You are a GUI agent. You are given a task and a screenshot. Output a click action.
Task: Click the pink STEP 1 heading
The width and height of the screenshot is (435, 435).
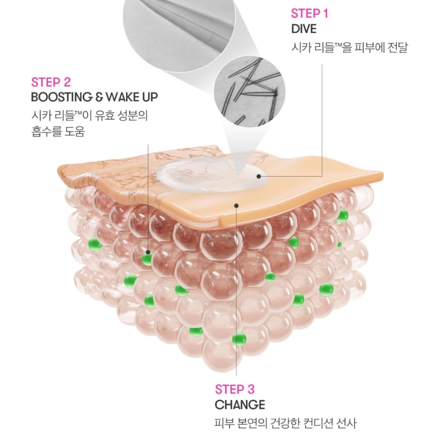pyautogui.click(x=309, y=14)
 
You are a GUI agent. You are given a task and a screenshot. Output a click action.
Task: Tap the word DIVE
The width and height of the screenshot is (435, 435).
pyautogui.click(x=304, y=29)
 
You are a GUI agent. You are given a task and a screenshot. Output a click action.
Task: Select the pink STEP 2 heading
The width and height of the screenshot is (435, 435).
pyautogui.click(x=51, y=82)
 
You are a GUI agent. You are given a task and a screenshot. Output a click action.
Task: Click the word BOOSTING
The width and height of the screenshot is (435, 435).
pyautogui.click(x=62, y=97)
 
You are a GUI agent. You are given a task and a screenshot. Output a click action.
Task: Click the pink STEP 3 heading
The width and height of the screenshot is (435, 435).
pyautogui.click(x=235, y=389)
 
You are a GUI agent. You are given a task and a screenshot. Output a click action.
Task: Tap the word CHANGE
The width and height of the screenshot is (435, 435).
pyautogui.click(x=240, y=405)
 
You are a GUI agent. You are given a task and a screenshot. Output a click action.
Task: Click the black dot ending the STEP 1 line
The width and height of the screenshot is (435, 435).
pyautogui.click(x=259, y=176)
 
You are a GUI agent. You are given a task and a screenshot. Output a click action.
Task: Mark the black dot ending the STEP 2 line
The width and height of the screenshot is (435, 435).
pyautogui.click(x=148, y=252)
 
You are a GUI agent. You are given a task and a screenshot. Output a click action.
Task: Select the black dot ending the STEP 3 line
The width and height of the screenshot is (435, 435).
pyautogui.click(x=237, y=206)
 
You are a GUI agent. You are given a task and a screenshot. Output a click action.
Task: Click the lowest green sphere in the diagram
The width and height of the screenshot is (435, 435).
pyautogui.click(x=239, y=339)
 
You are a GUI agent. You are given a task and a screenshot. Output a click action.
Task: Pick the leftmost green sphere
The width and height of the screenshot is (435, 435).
pyautogui.click(x=95, y=244)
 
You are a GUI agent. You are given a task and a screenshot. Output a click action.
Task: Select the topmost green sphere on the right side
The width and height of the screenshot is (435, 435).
pyautogui.click(x=342, y=215)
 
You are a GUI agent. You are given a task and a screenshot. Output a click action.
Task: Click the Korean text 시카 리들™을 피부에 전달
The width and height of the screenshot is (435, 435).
pyautogui.click(x=350, y=48)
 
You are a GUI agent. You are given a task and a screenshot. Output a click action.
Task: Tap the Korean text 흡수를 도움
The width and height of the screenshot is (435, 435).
pyautogui.click(x=58, y=131)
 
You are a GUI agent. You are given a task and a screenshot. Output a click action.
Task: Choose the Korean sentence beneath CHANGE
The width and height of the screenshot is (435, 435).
pyautogui.click(x=285, y=424)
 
